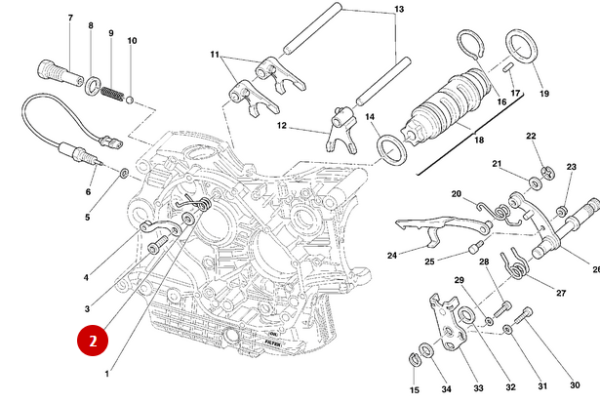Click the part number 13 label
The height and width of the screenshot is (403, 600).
(x=398, y=10)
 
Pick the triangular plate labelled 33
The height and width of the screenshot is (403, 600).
(x=448, y=327)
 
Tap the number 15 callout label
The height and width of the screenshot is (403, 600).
(x=414, y=389)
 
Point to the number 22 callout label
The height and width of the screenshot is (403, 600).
(x=531, y=137)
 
